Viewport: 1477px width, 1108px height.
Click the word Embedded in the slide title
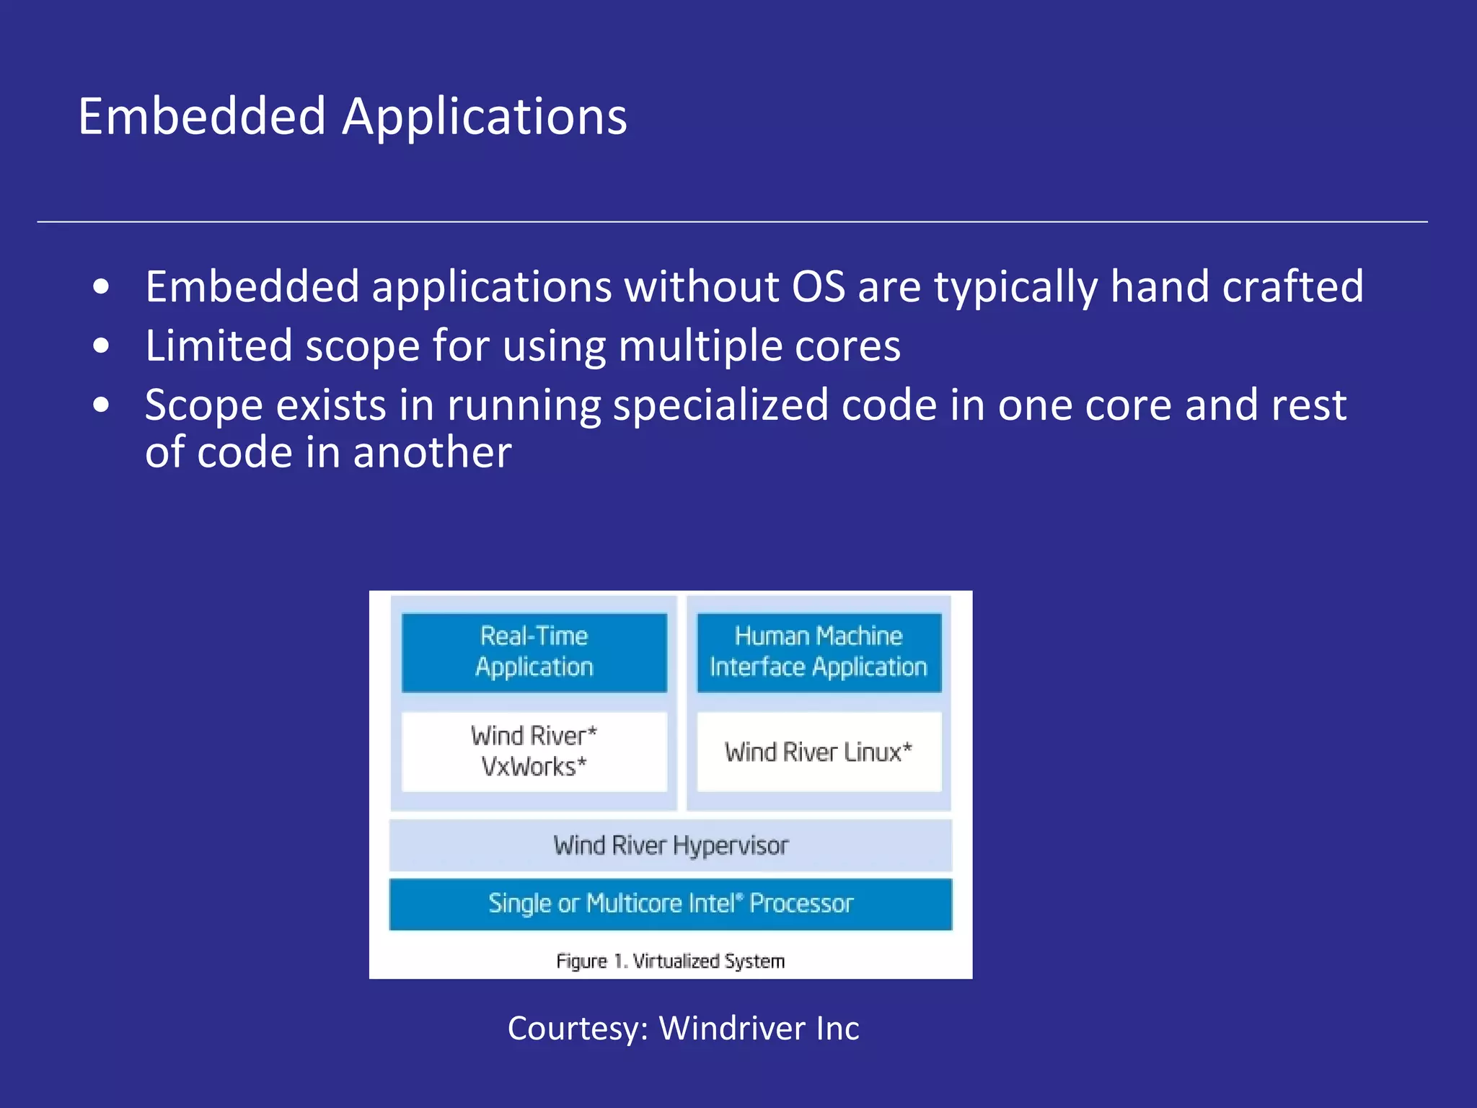pos(202,116)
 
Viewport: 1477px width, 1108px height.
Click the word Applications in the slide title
pos(485,118)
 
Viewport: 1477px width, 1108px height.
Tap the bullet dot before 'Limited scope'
pos(101,346)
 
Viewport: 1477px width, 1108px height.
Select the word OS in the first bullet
pos(818,286)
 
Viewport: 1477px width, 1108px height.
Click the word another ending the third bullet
pos(432,452)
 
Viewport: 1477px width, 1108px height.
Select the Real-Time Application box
pos(534,652)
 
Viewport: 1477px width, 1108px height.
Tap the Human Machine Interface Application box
pos(819,652)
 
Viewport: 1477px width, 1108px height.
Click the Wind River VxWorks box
pos(534,751)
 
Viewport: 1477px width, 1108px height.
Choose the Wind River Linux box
pos(819,752)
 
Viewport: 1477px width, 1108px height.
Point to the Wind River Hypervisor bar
pos(671,845)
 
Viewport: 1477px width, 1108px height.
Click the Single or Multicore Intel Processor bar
pos(671,904)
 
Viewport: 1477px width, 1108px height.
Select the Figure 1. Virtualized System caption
pos(671,961)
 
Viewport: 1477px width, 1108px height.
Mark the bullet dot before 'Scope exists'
pos(101,405)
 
